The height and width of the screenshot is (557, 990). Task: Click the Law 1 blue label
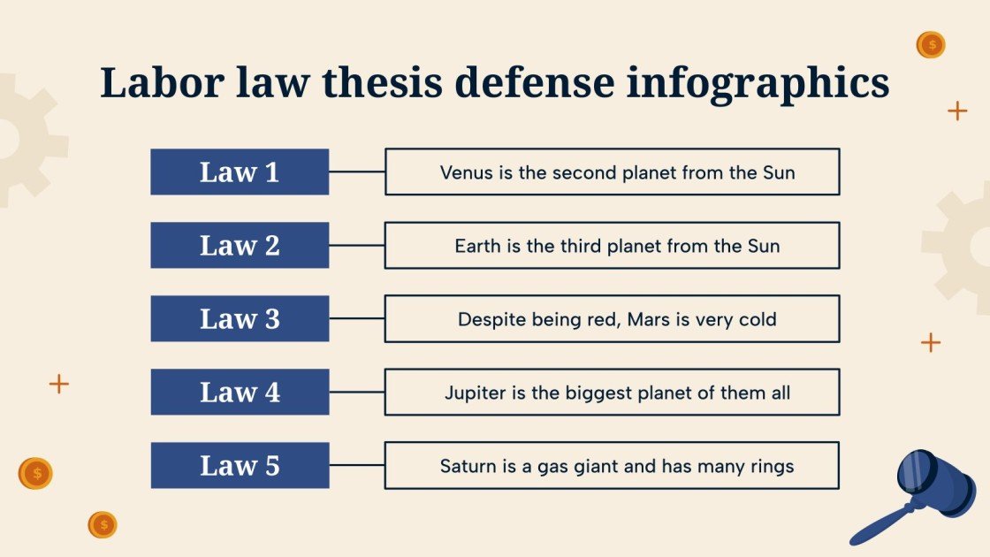click(x=240, y=172)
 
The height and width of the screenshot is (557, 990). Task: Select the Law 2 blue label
click(x=240, y=245)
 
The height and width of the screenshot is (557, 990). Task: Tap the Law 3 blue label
click(x=240, y=318)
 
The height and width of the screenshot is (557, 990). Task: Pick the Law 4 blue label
click(x=240, y=392)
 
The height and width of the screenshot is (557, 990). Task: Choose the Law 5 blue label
click(x=240, y=465)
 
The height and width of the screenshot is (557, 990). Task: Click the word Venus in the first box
click(x=466, y=172)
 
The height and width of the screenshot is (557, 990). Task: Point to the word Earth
click(x=478, y=246)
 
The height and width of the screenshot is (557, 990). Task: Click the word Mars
click(x=648, y=319)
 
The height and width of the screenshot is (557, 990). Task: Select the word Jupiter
click(x=475, y=393)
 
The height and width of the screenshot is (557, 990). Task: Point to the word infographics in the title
click(x=758, y=83)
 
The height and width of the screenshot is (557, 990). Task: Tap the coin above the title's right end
click(x=930, y=44)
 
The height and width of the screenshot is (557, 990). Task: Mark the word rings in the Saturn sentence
click(x=772, y=466)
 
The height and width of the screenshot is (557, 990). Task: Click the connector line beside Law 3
click(x=356, y=318)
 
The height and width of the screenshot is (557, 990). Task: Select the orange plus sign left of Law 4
click(x=58, y=384)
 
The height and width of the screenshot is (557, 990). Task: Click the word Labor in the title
click(x=160, y=83)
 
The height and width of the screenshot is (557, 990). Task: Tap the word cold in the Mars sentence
click(x=758, y=319)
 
